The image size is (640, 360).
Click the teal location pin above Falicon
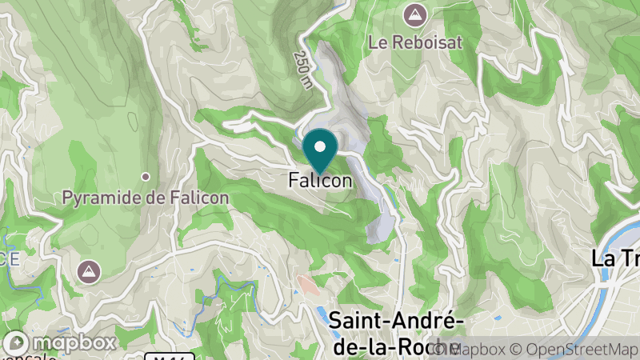point(320,149)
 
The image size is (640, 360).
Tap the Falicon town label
point(320,182)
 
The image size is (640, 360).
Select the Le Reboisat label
point(416,42)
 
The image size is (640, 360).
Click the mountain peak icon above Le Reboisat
point(415,14)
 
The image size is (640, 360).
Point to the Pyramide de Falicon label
point(146,196)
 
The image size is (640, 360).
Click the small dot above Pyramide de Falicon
point(146,176)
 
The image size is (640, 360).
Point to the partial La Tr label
point(614,258)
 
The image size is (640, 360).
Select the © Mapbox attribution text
point(480,350)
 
